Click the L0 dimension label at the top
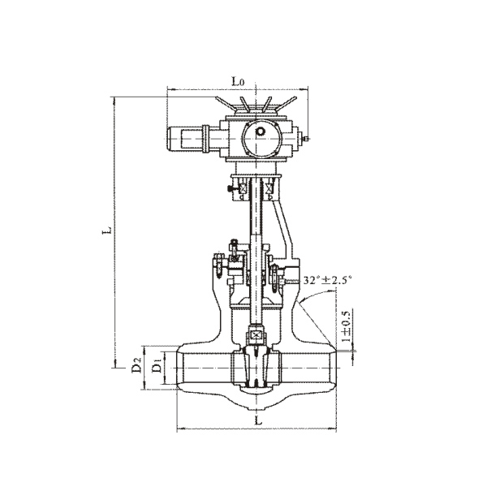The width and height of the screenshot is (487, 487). click(238, 81)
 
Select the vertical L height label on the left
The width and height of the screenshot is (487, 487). click(107, 231)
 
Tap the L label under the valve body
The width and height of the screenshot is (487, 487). click(258, 420)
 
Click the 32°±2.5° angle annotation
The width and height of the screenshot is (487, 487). click(327, 280)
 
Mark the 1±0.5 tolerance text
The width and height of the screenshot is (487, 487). click(346, 325)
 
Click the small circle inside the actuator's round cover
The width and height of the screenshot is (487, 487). click(260, 131)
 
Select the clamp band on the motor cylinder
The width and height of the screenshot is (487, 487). click(205, 139)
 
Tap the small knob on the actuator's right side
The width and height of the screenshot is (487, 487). click(306, 138)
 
